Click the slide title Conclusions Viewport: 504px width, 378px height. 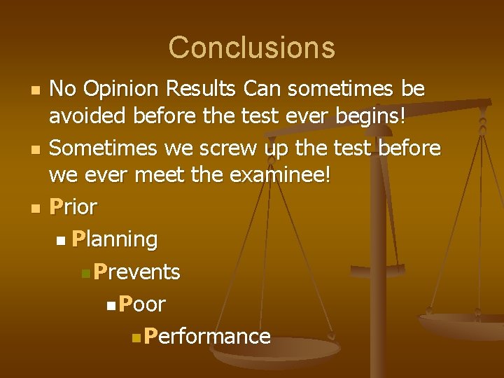pos(251,48)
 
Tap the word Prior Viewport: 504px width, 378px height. pos(73,207)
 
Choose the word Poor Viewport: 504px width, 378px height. pos(142,304)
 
